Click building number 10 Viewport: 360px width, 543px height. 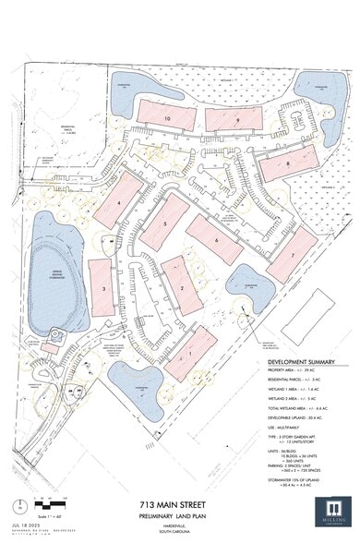tap(168, 118)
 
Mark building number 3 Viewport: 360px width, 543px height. tap(104, 288)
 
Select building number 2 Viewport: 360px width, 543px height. tap(182, 288)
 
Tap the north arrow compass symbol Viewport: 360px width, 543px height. tap(20, 505)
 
